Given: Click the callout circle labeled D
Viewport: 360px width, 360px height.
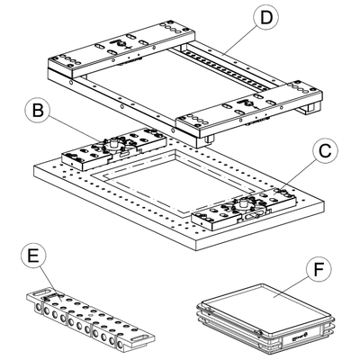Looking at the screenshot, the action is point(266,19).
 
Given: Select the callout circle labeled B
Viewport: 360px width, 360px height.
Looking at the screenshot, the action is point(39,111).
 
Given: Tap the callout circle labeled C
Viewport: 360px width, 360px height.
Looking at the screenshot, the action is point(325,152).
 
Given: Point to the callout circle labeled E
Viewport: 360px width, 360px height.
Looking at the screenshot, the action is point(33,256).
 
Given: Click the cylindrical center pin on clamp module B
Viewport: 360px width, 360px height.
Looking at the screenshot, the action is point(114,142).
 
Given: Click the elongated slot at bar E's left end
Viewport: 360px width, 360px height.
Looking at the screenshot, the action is point(43,292).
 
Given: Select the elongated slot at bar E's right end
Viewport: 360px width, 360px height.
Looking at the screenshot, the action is point(141,337).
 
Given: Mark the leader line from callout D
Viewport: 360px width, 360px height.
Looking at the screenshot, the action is point(238,40).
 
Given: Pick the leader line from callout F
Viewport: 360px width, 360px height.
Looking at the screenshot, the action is point(290,284).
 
